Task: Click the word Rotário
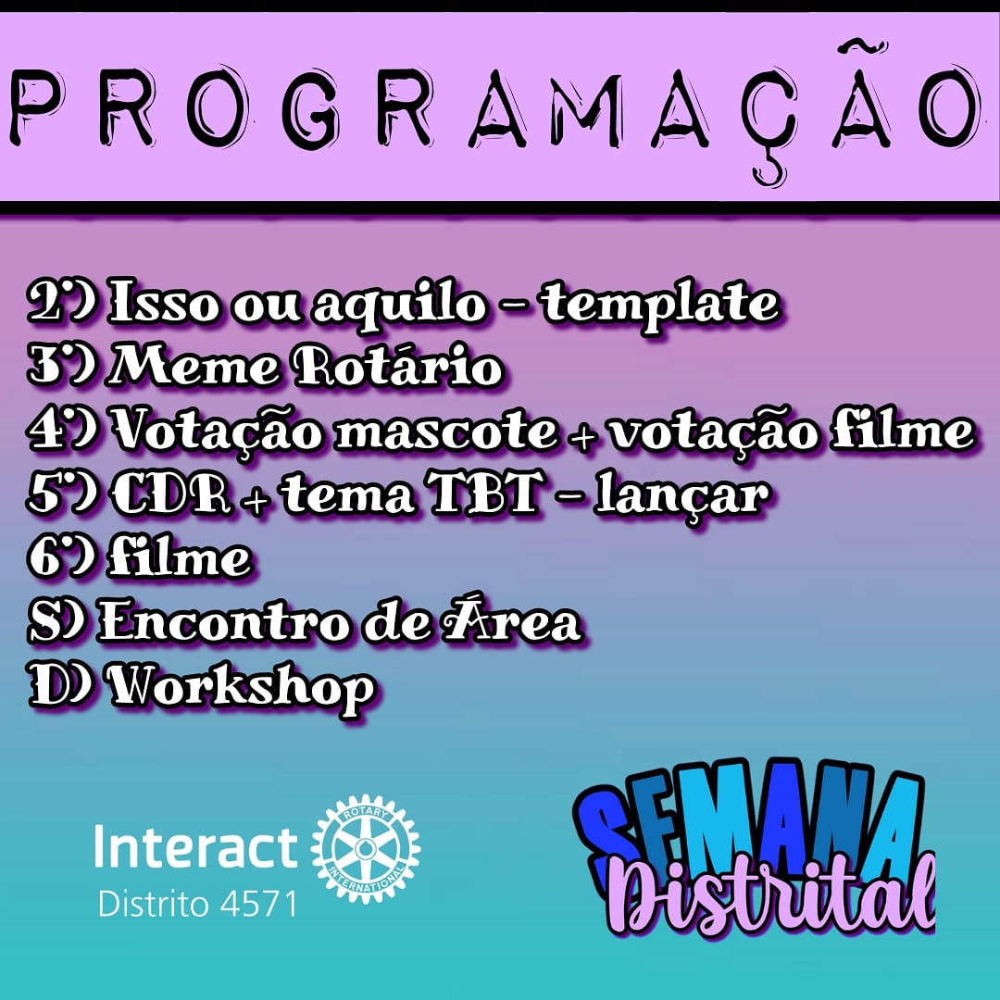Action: [x=398, y=369]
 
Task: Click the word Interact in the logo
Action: [x=196, y=847]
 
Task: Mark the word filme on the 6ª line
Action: [x=179, y=558]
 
